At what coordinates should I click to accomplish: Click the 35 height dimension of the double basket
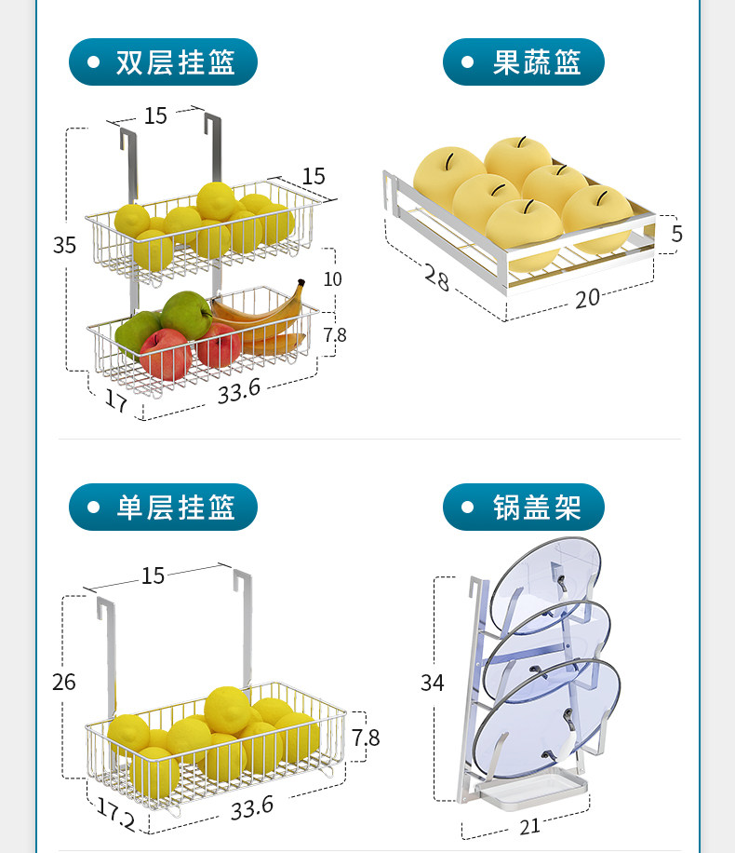[x=64, y=245]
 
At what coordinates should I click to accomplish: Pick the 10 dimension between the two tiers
[x=332, y=278]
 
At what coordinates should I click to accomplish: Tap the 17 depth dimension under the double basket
[x=116, y=401]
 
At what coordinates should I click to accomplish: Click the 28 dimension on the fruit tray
[x=437, y=277]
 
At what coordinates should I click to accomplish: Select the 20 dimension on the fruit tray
[x=587, y=297]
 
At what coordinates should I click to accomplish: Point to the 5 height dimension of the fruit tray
[x=676, y=234]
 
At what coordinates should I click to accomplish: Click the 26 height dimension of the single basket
[x=64, y=682]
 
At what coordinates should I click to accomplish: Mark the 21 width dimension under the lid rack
[x=528, y=826]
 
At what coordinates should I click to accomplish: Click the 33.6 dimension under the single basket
[x=253, y=806]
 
